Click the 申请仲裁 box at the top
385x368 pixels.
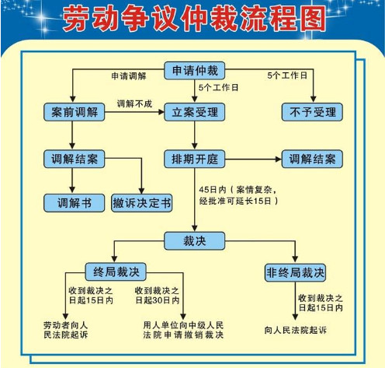[195, 71]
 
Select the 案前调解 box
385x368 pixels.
[75, 112]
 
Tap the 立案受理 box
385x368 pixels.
[195, 112]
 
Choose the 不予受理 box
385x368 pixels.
[312, 112]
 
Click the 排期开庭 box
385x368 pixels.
[195, 159]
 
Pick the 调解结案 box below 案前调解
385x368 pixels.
[75, 159]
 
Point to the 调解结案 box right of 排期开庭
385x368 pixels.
[312, 159]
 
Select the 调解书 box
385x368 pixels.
[75, 203]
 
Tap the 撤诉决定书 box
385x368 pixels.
[142, 203]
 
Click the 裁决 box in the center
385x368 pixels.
[195, 241]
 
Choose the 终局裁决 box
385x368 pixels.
[116, 272]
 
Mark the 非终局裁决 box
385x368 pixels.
[295, 272]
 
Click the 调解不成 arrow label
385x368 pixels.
[134, 103]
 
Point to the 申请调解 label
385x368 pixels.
[129, 76]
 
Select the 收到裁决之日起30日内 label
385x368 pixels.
[158, 296]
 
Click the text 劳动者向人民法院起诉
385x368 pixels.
[66, 330]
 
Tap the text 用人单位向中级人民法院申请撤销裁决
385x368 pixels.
[183, 330]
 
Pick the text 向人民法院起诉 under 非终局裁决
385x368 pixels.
[296, 330]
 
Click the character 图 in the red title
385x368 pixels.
[311, 19]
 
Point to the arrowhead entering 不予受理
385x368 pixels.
[313, 100]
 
